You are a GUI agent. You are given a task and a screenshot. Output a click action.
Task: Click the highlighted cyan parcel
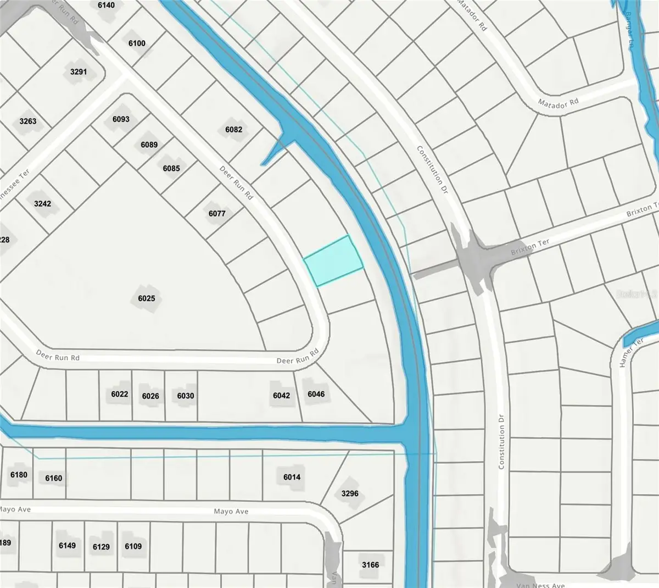pyautogui.click(x=333, y=260)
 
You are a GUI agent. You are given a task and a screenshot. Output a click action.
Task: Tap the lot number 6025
pyautogui.click(x=147, y=299)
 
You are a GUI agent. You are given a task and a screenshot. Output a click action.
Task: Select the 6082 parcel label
pyautogui.click(x=233, y=130)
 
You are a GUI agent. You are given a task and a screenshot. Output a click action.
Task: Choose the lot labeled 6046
pyautogui.click(x=316, y=394)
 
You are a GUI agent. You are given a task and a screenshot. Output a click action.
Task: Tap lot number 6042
pyautogui.click(x=281, y=396)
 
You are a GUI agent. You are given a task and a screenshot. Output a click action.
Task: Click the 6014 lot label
pyautogui.click(x=292, y=477)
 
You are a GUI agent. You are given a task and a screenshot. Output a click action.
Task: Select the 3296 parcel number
pyautogui.click(x=350, y=493)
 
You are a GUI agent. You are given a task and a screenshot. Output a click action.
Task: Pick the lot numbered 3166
pyautogui.click(x=370, y=564)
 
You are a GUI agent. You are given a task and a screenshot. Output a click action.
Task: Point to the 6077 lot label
pyautogui.click(x=217, y=213)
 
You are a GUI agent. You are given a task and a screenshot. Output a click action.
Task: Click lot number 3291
pyautogui.click(x=79, y=71)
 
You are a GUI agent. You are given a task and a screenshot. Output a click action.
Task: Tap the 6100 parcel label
pyautogui.click(x=137, y=43)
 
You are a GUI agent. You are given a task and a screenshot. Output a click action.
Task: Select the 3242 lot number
pyautogui.click(x=42, y=204)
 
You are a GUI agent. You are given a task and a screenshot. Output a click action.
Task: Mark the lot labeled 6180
pyautogui.click(x=19, y=475)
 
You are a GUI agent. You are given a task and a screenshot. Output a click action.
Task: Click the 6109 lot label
pyautogui.click(x=133, y=546)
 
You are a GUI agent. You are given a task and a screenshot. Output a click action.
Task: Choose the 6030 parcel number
pyautogui.click(x=185, y=396)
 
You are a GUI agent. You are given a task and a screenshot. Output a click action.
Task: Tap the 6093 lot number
pyautogui.click(x=121, y=119)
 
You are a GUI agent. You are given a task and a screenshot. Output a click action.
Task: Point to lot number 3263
pyautogui.click(x=27, y=121)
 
